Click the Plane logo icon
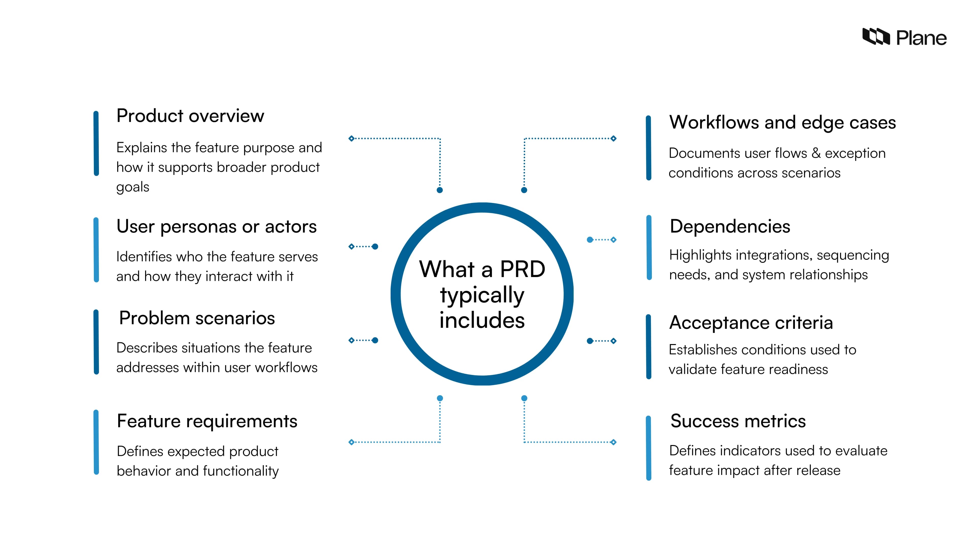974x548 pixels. pyautogui.click(x=876, y=37)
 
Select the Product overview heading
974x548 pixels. pyautogui.click(x=190, y=116)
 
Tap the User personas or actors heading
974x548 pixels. pyautogui.click(x=216, y=227)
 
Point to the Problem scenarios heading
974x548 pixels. pyautogui.click(x=197, y=318)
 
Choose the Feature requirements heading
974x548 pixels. pyautogui.click(x=207, y=421)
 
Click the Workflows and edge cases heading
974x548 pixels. pyautogui.click(x=782, y=123)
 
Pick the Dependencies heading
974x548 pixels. pyautogui.click(x=730, y=227)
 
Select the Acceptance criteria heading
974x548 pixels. pyautogui.click(x=751, y=323)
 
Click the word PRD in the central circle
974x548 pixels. pyautogui.click(x=523, y=269)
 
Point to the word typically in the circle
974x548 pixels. pyautogui.click(x=482, y=295)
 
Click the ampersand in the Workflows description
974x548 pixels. pyautogui.click(x=816, y=153)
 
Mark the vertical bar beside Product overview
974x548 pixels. pyautogui.click(x=96, y=143)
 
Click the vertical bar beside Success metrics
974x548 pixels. pyautogui.click(x=649, y=448)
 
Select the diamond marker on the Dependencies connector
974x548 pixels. pyautogui.click(x=614, y=240)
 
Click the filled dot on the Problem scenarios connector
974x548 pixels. pyautogui.click(x=375, y=340)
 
